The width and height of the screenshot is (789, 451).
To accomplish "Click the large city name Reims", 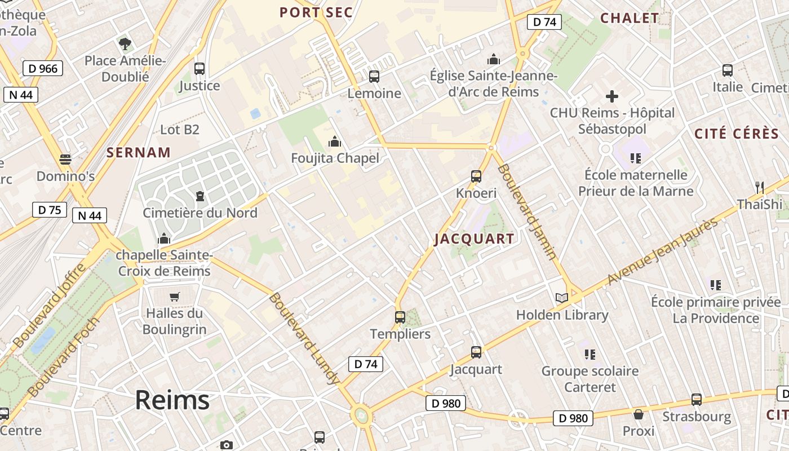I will pyautogui.click(x=172, y=400).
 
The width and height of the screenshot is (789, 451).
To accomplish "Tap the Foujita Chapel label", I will pyautogui.click(x=335, y=158).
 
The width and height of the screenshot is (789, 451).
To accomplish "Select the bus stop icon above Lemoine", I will pyautogui.click(x=374, y=77).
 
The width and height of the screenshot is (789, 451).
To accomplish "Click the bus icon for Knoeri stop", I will pyautogui.click(x=476, y=176).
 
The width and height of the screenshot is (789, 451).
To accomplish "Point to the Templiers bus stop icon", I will pyautogui.click(x=400, y=317).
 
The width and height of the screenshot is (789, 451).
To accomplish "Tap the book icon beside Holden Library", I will pyautogui.click(x=561, y=298).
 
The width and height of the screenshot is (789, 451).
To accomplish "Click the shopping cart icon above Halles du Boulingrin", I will pyautogui.click(x=175, y=297).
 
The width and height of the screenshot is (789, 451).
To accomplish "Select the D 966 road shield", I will pyautogui.click(x=43, y=69).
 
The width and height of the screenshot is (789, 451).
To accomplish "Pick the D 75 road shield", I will pyautogui.click(x=50, y=210).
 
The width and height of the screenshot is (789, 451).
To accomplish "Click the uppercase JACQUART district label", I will pyautogui.click(x=474, y=239).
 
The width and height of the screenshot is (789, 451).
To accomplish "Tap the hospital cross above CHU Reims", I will pyautogui.click(x=612, y=96).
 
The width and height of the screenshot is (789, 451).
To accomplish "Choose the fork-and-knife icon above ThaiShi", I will pyautogui.click(x=760, y=187).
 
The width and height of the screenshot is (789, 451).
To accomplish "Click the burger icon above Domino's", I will pyautogui.click(x=65, y=160).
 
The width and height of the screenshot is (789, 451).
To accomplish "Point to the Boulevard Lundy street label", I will pyautogui.click(x=304, y=338).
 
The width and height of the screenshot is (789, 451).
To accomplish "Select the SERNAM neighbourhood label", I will pyautogui.click(x=139, y=152).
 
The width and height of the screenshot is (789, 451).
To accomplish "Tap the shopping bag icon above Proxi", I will pyautogui.click(x=639, y=415).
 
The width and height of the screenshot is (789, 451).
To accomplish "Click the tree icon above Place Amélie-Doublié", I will pyautogui.click(x=125, y=43).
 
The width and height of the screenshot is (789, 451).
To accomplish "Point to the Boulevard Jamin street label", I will pyautogui.click(x=527, y=212).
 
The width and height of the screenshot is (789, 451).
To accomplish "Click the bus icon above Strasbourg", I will pyautogui.click(x=697, y=400).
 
